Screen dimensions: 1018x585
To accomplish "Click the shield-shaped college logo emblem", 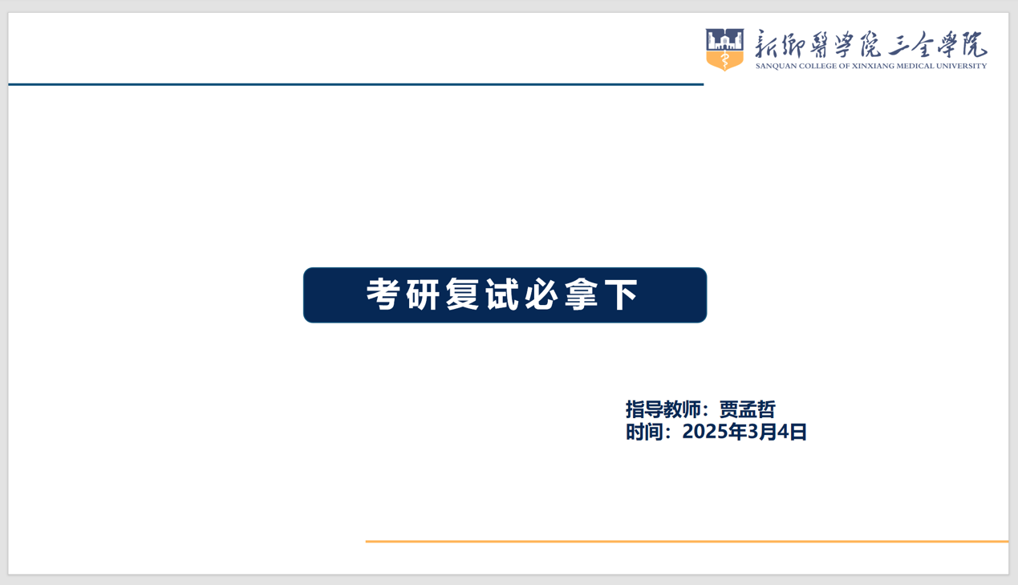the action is point(724,50).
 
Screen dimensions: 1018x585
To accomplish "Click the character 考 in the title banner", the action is point(383,295).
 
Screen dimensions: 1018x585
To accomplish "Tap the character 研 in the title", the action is point(423,295).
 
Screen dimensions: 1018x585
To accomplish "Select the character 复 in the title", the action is point(462,295).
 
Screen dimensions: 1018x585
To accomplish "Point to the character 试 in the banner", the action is point(502,295).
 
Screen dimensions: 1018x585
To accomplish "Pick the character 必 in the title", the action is point(541,295).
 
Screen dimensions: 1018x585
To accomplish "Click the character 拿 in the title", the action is point(582,295).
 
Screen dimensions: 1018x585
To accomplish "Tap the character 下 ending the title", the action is point(621,295).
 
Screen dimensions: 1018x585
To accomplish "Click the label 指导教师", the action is point(663,409).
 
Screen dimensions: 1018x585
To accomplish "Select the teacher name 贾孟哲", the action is point(748,409).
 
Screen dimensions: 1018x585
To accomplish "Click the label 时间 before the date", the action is point(644,432).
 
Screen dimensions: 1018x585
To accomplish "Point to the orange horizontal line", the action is point(687,542).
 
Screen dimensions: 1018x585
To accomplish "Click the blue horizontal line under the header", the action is point(356,84).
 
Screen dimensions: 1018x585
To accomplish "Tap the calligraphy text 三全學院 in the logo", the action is point(937,45).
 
